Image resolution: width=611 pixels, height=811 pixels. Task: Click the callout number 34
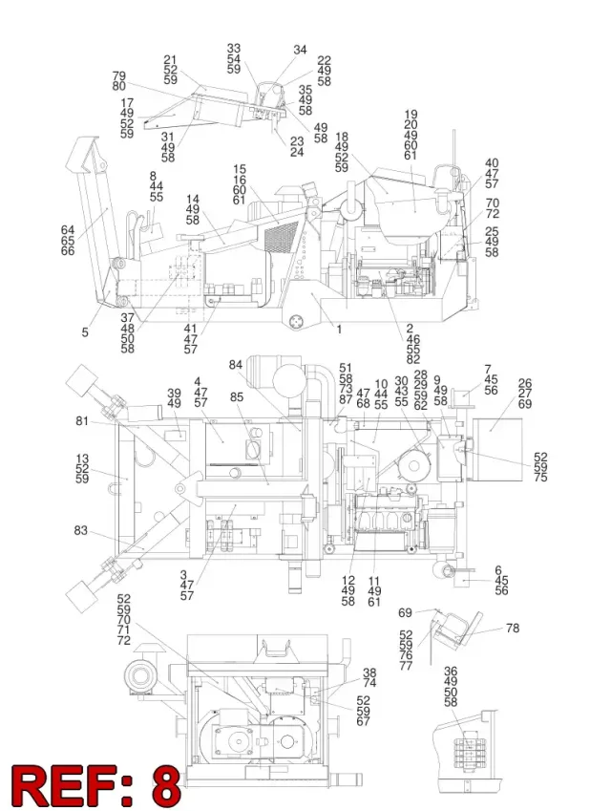click(x=300, y=50)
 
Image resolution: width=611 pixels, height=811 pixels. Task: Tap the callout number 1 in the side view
click(x=339, y=329)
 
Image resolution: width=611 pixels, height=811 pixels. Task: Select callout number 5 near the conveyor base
click(x=85, y=332)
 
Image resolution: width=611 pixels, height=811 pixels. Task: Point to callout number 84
click(x=235, y=365)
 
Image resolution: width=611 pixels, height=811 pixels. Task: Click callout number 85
click(x=237, y=397)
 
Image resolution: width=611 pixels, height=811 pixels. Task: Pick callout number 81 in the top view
click(x=82, y=421)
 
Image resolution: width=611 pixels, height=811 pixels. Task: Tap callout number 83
click(x=80, y=531)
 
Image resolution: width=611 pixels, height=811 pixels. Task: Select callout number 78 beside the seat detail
click(x=513, y=628)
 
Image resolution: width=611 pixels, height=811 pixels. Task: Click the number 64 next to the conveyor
click(x=68, y=229)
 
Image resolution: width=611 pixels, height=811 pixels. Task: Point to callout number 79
click(x=119, y=76)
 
